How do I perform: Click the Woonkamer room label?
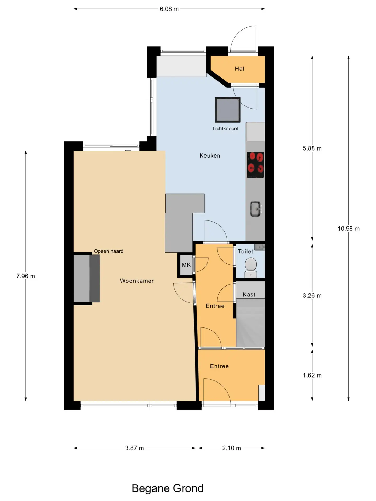[137, 281]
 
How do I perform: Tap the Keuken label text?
[210, 156]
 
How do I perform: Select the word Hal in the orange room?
[239, 69]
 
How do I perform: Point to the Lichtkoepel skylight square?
[228, 110]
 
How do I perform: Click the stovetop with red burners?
[256, 165]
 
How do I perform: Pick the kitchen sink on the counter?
[256, 209]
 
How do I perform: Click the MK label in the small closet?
[186, 265]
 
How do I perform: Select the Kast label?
[249, 294]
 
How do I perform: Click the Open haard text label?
[109, 251]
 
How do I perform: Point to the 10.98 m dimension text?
[349, 229]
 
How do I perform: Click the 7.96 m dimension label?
[26, 276]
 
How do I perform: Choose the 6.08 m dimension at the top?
[169, 9]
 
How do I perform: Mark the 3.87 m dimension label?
[134, 448]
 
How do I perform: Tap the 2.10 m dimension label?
[232, 448]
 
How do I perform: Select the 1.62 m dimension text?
[312, 375]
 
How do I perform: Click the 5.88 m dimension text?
[312, 148]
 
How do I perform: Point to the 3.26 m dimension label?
[312, 296]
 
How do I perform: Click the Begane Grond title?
[168, 488]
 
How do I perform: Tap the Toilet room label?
[246, 251]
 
